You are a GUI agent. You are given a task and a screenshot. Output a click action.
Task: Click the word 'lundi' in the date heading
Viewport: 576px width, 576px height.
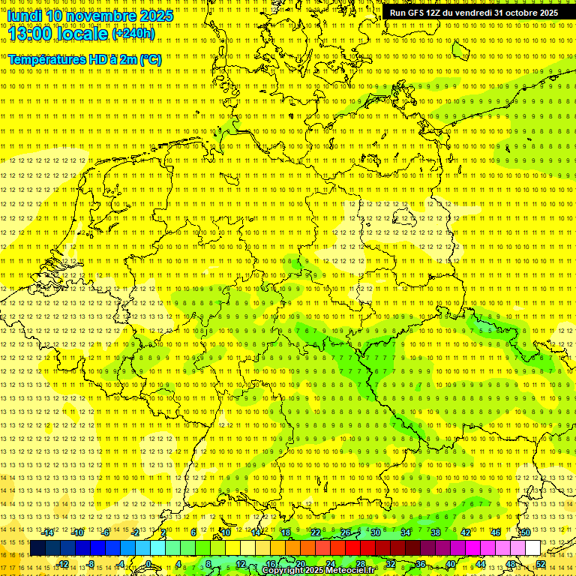pos(24,15)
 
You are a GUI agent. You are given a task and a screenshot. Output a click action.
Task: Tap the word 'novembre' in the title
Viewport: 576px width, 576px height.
pos(100,15)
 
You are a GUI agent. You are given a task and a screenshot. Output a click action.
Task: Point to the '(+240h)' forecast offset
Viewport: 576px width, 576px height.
pos(133,34)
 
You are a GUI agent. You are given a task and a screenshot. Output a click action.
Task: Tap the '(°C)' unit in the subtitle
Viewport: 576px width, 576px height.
pos(150,59)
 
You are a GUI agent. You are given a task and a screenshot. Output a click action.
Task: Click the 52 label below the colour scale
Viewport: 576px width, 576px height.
pos(541,564)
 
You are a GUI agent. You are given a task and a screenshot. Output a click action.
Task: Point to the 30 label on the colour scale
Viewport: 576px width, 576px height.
pos(376,532)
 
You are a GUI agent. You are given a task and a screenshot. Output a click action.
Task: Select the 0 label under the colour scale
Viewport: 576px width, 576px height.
pos(148,564)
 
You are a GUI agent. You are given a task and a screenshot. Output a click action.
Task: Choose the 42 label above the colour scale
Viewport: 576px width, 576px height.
pos(465,532)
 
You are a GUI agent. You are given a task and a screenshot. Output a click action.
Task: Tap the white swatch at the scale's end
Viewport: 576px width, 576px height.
pos(532,547)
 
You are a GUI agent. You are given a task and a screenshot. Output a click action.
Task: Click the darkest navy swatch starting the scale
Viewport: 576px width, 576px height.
pos(37,547)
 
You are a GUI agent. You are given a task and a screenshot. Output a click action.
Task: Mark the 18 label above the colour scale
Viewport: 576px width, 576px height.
pos(285,532)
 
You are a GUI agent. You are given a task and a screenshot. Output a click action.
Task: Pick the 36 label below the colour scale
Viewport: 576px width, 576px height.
pos(420,564)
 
